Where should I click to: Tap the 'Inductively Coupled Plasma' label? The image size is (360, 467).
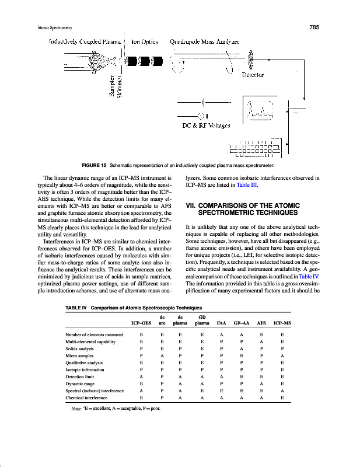[85, 42]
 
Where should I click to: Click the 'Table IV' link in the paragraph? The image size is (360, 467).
[309, 277]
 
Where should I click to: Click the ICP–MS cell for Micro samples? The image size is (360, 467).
[282, 356]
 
